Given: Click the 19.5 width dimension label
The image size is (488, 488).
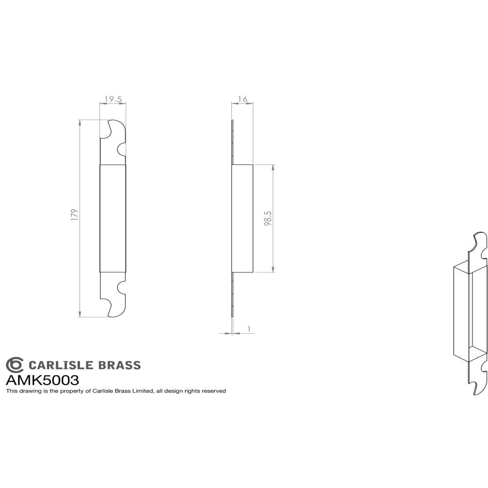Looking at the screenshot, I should pyautogui.click(x=113, y=99).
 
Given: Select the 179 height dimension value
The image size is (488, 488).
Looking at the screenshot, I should pyautogui.click(x=74, y=216).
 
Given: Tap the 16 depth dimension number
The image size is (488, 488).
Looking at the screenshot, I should pyautogui.click(x=243, y=99).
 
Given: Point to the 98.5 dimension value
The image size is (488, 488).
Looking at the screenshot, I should pyautogui.click(x=267, y=218).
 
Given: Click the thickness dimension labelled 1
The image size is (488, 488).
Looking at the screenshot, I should pyautogui.click(x=249, y=329).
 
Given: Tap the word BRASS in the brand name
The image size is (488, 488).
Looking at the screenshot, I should pyautogui.click(x=120, y=365).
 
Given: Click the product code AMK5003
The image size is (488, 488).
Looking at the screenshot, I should pyautogui.click(x=42, y=380).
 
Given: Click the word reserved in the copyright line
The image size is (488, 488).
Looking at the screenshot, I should pyautogui.click(x=214, y=391).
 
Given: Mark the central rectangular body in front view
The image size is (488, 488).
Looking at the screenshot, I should pyautogui.click(x=113, y=218).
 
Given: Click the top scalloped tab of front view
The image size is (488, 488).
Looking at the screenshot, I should pyautogui.click(x=114, y=142).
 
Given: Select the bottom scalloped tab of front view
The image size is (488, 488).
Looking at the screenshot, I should pyautogui.click(x=114, y=294).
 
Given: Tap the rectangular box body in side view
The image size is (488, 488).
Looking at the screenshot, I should pyautogui.click(x=243, y=218).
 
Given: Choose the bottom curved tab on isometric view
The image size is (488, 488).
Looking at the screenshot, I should pyautogui.click(x=478, y=378).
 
